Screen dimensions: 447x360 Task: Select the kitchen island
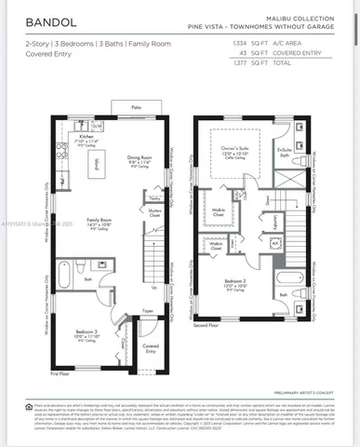pyautogui.click(x=93, y=168)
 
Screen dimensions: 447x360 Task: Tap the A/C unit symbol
pyautogui.click(x=276, y=244)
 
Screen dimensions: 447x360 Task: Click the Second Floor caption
pyautogui.click(x=207, y=325)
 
